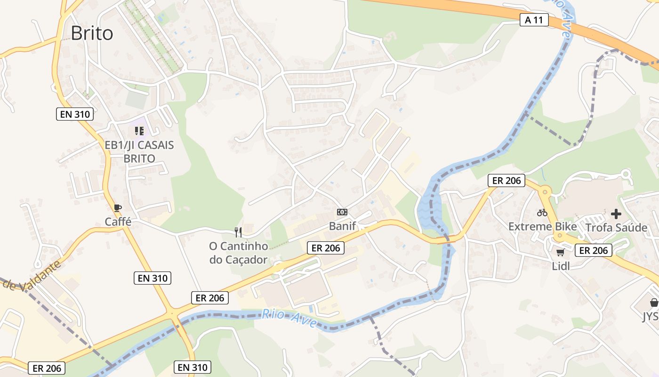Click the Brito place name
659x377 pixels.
pos(92,33)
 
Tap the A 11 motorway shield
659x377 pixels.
pos(534,20)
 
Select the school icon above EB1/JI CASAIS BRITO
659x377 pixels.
pos(139,131)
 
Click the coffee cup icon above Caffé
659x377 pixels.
pos(118,208)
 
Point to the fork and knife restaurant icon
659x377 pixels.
pos(238,232)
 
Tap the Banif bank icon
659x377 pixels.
pos(342,212)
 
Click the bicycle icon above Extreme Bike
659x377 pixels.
pos(542,213)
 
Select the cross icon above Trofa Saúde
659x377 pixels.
pos(616,214)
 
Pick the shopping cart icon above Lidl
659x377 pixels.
pos(560,252)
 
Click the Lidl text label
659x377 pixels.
pos(561,266)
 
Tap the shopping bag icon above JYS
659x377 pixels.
pos(654,302)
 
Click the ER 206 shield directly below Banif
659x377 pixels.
pos(326,248)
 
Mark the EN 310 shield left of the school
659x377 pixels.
pos(75,114)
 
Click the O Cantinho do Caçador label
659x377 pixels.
pos(239,253)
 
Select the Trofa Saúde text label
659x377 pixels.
pos(616,228)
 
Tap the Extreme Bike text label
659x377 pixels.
pos(542,227)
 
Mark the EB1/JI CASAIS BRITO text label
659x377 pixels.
pos(139,152)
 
